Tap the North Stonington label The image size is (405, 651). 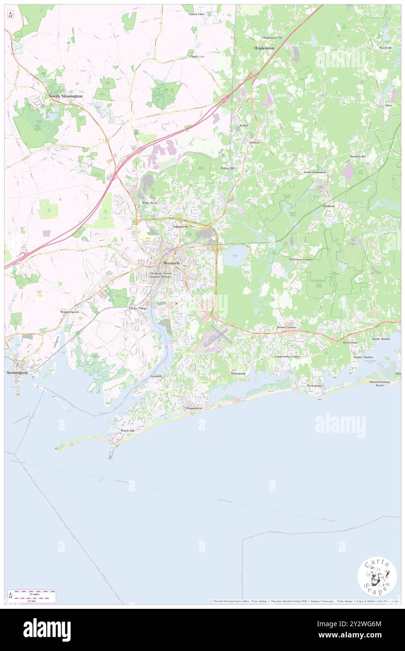click(x=65, y=96)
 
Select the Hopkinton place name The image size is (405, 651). click(x=264, y=48)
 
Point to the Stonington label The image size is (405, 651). click(x=17, y=372)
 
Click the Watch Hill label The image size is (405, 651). click(x=128, y=430)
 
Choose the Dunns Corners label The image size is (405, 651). click(x=287, y=327)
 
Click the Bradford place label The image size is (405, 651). click(x=328, y=206)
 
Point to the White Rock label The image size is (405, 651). click(x=150, y=203)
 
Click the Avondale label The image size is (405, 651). click(x=156, y=376)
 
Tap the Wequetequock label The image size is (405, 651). click(x=70, y=311)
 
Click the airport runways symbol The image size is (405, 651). click(x=217, y=336)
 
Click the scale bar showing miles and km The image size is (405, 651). click(x=32, y=596)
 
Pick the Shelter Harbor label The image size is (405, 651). click(x=362, y=357)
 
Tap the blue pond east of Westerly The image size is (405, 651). click(x=232, y=256)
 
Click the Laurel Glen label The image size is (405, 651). click(x=196, y=14)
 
